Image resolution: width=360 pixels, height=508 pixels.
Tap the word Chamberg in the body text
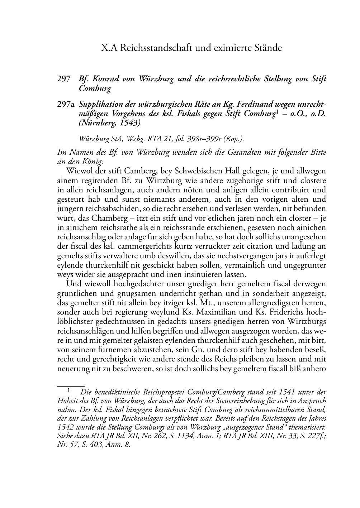coord(99,218)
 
